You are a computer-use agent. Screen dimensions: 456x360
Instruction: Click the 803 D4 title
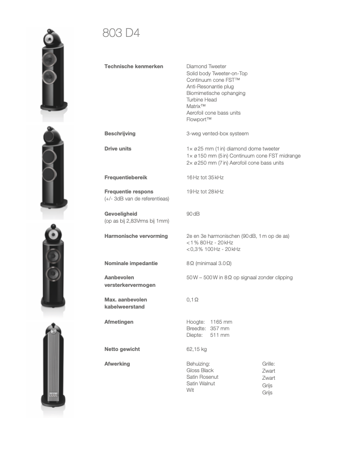click(121, 34)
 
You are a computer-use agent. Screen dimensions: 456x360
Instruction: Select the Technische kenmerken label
click(133, 67)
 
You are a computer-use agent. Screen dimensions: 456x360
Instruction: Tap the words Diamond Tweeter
click(206, 67)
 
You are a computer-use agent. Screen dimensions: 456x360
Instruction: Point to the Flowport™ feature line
click(198, 120)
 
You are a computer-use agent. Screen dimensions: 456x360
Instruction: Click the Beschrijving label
click(120, 134)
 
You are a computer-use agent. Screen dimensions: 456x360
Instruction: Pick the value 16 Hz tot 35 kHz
click(204, 178)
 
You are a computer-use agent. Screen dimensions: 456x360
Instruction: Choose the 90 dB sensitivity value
click(193, 214)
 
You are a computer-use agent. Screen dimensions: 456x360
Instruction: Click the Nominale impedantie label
click(131, 264)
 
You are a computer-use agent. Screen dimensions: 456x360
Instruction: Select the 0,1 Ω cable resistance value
click(192, 300)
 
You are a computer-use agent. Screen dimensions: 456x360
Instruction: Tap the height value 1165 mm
click(221, 322)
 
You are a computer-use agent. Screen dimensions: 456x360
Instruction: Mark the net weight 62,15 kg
click(196, 349)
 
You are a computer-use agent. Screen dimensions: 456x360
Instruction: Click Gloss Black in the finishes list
click(200, 371)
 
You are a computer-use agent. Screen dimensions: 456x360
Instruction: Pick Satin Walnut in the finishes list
click(200, 384)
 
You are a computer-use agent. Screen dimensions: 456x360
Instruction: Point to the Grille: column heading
click(268, 364)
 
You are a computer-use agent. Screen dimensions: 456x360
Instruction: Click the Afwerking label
click(117, 364)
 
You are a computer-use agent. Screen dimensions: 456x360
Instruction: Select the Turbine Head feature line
click(201, 100)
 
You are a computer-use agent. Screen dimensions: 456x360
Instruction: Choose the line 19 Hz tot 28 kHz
click(204, 192)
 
